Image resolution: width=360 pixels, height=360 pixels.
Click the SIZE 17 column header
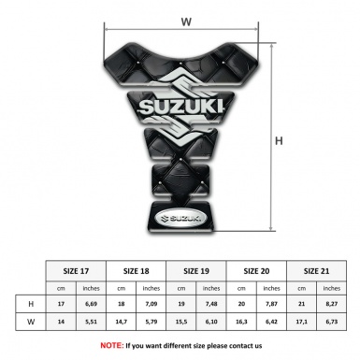coord(76,269)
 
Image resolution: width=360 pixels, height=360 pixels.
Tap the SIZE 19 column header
coord(196,269)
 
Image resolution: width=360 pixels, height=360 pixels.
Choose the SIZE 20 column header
coord(256,269)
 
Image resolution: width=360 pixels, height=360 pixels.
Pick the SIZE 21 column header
coord(316,269)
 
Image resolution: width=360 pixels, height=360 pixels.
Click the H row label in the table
coord(31,304)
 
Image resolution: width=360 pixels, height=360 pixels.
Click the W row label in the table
coord(31,324)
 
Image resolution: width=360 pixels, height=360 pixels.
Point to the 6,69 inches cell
coord(91,304)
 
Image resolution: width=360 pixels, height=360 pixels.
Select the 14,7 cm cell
coord(121,324)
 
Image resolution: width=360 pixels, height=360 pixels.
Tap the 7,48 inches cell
coord(211,304)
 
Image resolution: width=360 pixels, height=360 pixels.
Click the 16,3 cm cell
coord(241,324)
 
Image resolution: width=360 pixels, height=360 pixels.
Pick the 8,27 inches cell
coord(331,304)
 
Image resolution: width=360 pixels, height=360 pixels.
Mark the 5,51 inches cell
coord(91,324)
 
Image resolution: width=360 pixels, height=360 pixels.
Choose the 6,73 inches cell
coord(331,324)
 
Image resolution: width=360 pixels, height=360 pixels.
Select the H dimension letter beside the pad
coord(278,142)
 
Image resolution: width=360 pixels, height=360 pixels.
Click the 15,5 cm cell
coord(181,324)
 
